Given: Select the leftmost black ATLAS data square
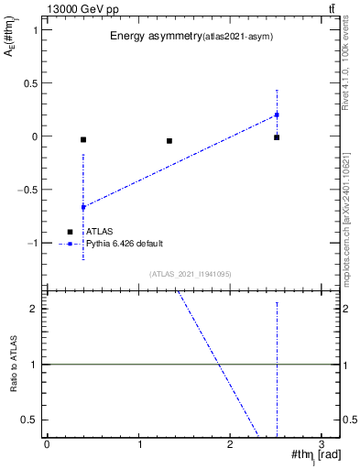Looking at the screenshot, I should pos(83,139).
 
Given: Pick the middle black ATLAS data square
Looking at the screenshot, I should pos(169,141).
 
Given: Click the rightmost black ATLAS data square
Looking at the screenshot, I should pos(277,137).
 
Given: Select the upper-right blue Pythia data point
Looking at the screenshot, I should pos(277,115).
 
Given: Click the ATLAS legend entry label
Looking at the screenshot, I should pos(99,232).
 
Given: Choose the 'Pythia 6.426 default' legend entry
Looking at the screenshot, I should pos(125,244).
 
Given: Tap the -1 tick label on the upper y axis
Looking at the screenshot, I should pos(32,244).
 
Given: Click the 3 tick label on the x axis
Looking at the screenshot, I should pos(322,444).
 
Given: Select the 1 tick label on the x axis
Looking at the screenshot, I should pos(139,444).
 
